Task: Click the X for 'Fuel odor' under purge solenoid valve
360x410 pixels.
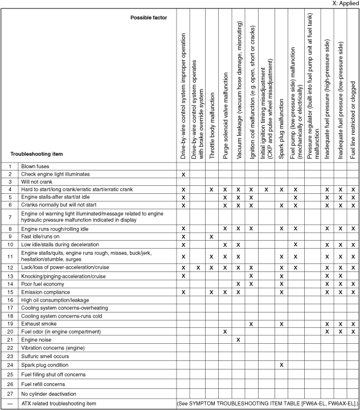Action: (225, 331)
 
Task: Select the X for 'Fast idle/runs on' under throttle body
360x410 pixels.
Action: (211, 236)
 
